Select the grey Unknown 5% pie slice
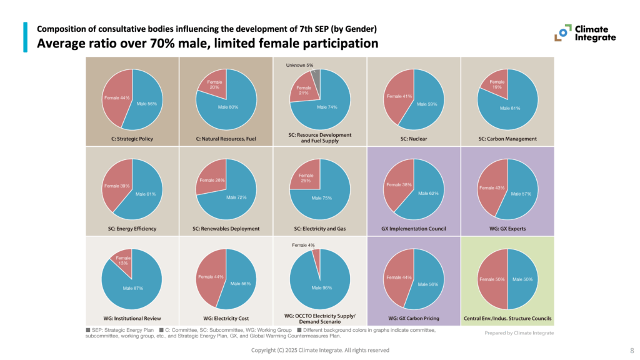(316, 76)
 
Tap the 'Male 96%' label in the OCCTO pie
(322, 287)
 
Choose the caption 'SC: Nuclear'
(413, 138)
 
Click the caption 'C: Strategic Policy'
(132, 138)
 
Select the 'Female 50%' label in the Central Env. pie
(491, 279)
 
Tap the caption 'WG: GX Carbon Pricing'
(414, 318)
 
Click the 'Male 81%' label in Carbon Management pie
(510, 107)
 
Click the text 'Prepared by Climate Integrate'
(519, 333)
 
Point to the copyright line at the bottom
(320, 351)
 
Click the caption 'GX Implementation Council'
(414, 229)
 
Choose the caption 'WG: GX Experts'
(507, 229)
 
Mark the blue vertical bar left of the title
(26, 37)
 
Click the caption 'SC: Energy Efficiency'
(132, 229)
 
